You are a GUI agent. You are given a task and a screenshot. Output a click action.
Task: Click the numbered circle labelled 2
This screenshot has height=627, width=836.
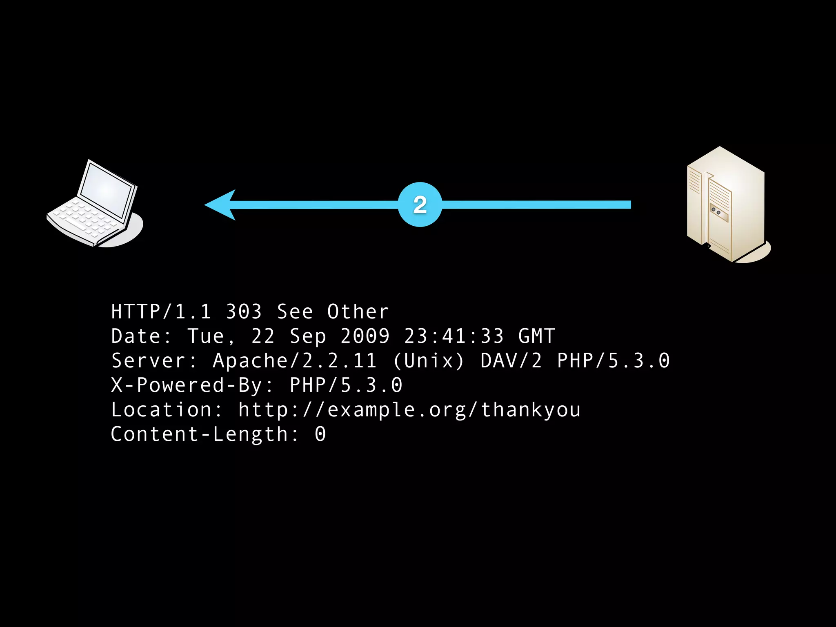[x=420, y=205]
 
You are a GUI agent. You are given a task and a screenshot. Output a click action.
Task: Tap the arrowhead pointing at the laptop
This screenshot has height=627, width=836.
[x=220, y=205]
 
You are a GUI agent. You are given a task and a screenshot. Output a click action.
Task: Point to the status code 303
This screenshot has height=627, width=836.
[x=244, y=312]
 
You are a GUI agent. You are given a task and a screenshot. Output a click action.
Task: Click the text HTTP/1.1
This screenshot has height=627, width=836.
[x=161, y=312]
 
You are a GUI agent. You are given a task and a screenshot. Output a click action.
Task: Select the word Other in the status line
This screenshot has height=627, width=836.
[x=358, y=312]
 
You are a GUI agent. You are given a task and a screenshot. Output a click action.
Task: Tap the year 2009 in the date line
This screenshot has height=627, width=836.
[x=365, y=336]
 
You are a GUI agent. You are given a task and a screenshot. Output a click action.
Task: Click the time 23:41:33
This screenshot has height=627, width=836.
[x=454, y=336]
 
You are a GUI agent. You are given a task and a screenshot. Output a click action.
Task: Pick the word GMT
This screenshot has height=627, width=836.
[x=536, y=336]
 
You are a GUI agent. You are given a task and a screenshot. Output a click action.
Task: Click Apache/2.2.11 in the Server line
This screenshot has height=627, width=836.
[x=294, y=361]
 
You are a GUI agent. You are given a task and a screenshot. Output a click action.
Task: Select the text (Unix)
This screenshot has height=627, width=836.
[x=429, y=361]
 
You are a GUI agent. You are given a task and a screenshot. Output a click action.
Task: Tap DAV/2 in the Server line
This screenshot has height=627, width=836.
[x=511, y=361]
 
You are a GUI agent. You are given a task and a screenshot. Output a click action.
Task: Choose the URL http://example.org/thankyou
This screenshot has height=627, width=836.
[x=409, y=410]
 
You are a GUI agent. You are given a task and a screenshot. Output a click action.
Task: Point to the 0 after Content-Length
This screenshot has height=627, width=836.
[x=320, y=434]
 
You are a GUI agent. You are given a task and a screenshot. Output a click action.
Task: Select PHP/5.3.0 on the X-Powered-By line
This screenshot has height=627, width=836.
[x=346, y=385]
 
